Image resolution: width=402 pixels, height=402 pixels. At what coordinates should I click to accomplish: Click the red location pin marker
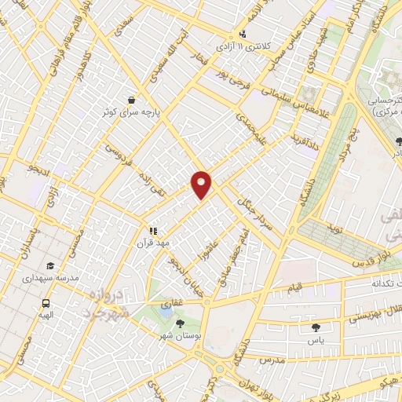pyautogui.click(x=202, y=183)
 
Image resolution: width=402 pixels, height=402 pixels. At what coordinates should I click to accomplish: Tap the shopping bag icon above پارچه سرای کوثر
pyautogui.click(x=130, y=100)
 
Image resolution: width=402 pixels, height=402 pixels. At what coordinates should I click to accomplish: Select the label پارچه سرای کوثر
pyautogui.click(x=130, y=112)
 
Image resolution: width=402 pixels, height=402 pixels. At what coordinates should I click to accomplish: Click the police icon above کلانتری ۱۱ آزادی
pyautogui.click(x=243, y=35)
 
